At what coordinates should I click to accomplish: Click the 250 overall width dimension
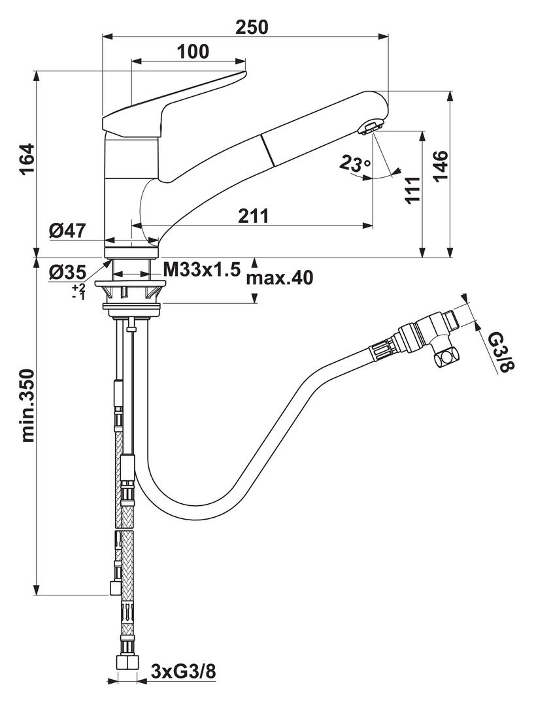click(x=252, y=27)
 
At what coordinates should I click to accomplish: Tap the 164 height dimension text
click(x=26, y=159)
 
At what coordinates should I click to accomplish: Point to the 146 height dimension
click(x=440, y=166)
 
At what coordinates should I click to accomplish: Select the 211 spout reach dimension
click(x=254, y=216)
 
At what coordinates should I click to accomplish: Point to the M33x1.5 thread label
click(x=201, y=269)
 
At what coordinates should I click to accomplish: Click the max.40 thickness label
click(x=280, y=278)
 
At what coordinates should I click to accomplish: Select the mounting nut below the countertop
click(x=133, y=297)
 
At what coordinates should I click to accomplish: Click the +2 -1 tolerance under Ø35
click(x=78, y=292)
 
